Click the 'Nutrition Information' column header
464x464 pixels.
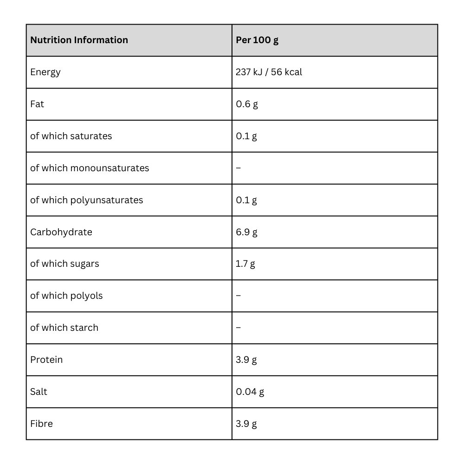coord(79,40)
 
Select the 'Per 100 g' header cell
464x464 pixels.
coord(257,40)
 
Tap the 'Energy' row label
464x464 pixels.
coord(45,72)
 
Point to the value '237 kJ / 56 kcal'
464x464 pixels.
coord(269,72)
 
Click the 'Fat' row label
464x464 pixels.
coord(37,104)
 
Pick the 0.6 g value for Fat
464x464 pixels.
coord(247,104)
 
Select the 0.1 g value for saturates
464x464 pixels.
coord(246,136)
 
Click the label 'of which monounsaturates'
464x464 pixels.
coord(90,168)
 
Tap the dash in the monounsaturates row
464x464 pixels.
coord(238,168)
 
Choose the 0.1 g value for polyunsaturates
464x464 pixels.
coord(246,200)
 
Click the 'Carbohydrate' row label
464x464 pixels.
coord(61,232)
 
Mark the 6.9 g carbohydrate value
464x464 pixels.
coord(247,232)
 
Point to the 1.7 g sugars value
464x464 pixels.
coord(245,264)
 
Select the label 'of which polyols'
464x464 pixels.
coord(66,296)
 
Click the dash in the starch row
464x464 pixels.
coord(238,328)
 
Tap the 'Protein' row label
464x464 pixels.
coord(46,360)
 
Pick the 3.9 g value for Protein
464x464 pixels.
coord(246,360)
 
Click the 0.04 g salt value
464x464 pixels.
coord(250,392)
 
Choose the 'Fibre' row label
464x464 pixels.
coord(41,424)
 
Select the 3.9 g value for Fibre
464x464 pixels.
coord(246,424)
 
